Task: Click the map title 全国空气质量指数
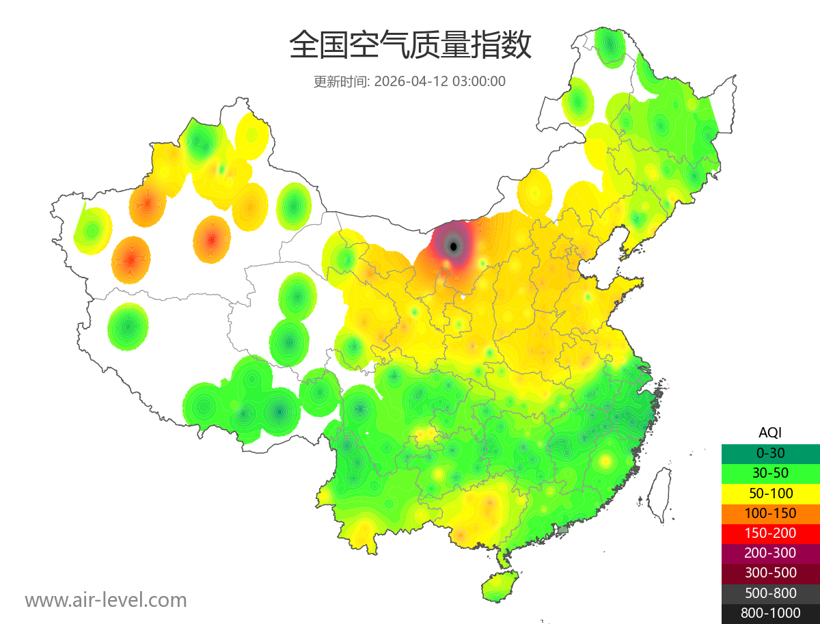point(410,46)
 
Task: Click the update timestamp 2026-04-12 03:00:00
point(440,81)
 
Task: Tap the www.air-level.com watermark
point(106,600)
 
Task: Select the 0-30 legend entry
point(770,452)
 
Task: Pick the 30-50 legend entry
point(770,472)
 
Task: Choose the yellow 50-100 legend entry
point(770,493)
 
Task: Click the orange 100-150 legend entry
point(770,513)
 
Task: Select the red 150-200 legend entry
point(770,532)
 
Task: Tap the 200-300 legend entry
point(770,553)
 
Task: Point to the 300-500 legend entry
point(770,573)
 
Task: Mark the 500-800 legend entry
point(770,593)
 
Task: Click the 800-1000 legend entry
point(770,613)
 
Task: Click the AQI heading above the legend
point(770,432)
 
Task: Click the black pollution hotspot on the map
point(453,245)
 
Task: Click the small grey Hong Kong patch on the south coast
point(563,529)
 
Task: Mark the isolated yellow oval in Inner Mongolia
point(534,192)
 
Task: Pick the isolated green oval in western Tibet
point(128,327)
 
